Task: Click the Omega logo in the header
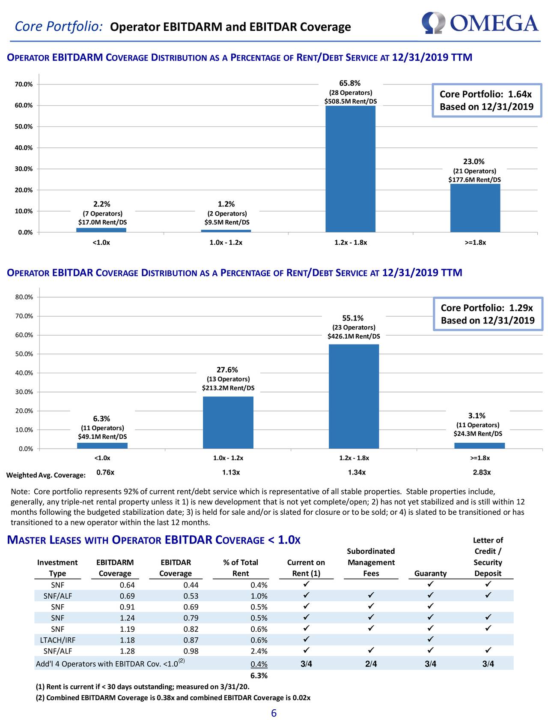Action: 479,24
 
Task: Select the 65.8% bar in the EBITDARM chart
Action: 350,169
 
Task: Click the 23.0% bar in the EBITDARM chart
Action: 475,208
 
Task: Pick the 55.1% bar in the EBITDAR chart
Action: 354,396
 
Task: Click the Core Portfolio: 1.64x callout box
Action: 485,100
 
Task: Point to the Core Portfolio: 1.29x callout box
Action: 487,314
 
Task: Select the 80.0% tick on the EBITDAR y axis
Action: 24,297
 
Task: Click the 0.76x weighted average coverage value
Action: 105,472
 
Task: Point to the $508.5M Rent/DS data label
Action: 351,102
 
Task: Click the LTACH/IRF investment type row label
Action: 57,640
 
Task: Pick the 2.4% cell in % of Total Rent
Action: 259,651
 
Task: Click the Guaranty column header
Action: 430,573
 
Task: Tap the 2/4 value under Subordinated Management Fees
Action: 371,664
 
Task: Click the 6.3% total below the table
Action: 259,676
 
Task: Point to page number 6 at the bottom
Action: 274,713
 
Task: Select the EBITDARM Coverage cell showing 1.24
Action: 127,618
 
